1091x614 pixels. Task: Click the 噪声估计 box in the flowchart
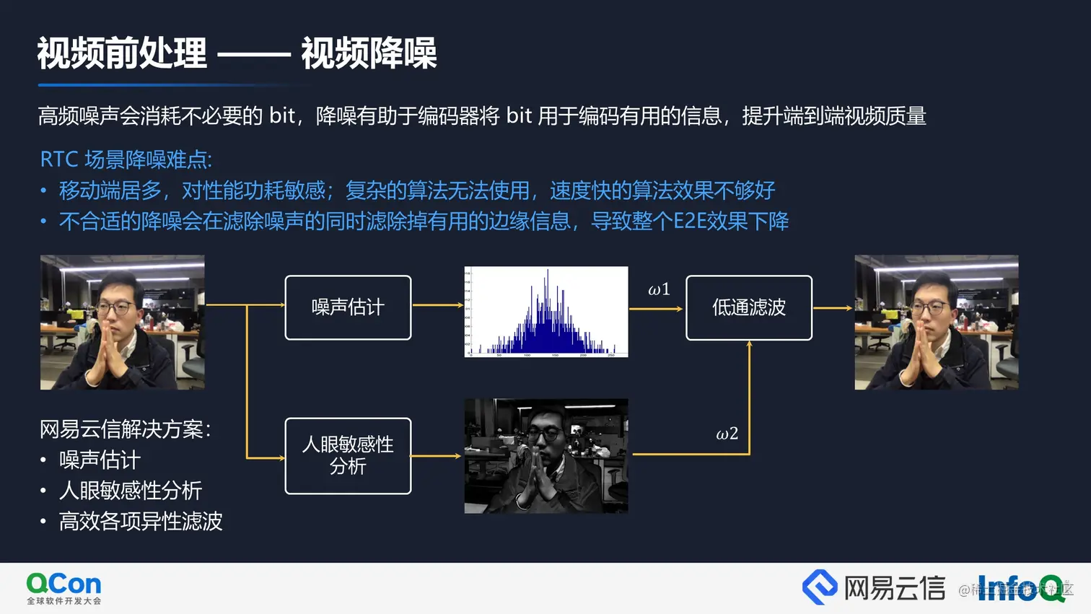[x=348, y=307]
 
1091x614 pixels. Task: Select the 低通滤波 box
[x=748, y=307]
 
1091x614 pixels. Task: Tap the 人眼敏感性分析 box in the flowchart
[x=348, y=455]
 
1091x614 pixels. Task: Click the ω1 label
[x=659, y=290]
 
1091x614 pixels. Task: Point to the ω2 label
[x=727, y=434]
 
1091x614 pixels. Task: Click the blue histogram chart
[x=546, y=312]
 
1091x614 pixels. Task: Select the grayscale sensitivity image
[x=546, y=456]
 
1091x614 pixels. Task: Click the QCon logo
[x=63, y=588]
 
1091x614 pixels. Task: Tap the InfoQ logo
[x=1020, y=588]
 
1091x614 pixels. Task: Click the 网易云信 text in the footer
[x=894, y=588]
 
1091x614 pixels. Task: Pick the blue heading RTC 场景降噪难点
[x=126, y=159]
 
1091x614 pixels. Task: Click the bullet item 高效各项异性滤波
[x=141, y=521]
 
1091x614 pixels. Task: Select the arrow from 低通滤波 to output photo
[x=833, y=308]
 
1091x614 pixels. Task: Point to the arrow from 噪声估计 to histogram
[x=437, y=305]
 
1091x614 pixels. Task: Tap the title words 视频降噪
[x=369, y=54]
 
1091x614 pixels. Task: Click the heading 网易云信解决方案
[x=125, y=429]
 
